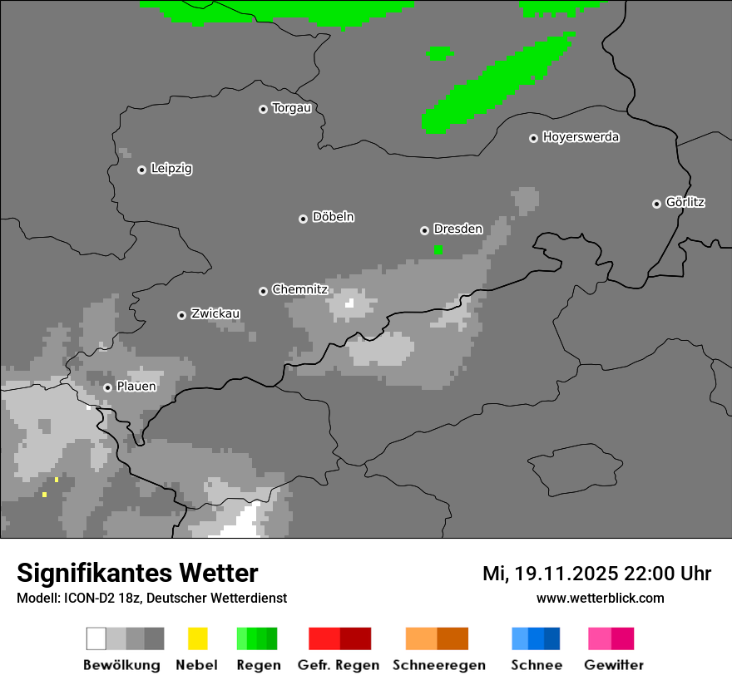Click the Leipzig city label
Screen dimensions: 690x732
click(171, 169)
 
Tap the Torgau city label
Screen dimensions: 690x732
click(291, 108)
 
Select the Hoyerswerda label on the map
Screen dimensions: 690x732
click(581, 137)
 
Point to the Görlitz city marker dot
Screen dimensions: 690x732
click(656, 204)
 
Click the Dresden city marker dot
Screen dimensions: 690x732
click(424, 230)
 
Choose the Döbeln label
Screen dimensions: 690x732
click(333, 217)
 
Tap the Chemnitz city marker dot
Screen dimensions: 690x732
click(263, 291)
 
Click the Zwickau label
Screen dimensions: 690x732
click(215, 314)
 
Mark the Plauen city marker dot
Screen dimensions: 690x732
click(107, 387)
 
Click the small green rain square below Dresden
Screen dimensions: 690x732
click(438, 249)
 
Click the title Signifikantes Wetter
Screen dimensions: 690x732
click(137, 574)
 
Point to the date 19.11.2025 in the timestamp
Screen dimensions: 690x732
click(566, 574)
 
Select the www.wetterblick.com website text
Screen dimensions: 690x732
click(600, 599)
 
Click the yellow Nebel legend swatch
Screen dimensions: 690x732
click(197, 638)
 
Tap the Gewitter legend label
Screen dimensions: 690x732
click(613, 665)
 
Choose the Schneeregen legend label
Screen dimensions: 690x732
click(437, 665)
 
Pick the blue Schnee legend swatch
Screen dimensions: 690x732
click(536, 638)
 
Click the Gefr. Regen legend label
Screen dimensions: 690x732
click(339, 665)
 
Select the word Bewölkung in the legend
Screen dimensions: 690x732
click(121, 665)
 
